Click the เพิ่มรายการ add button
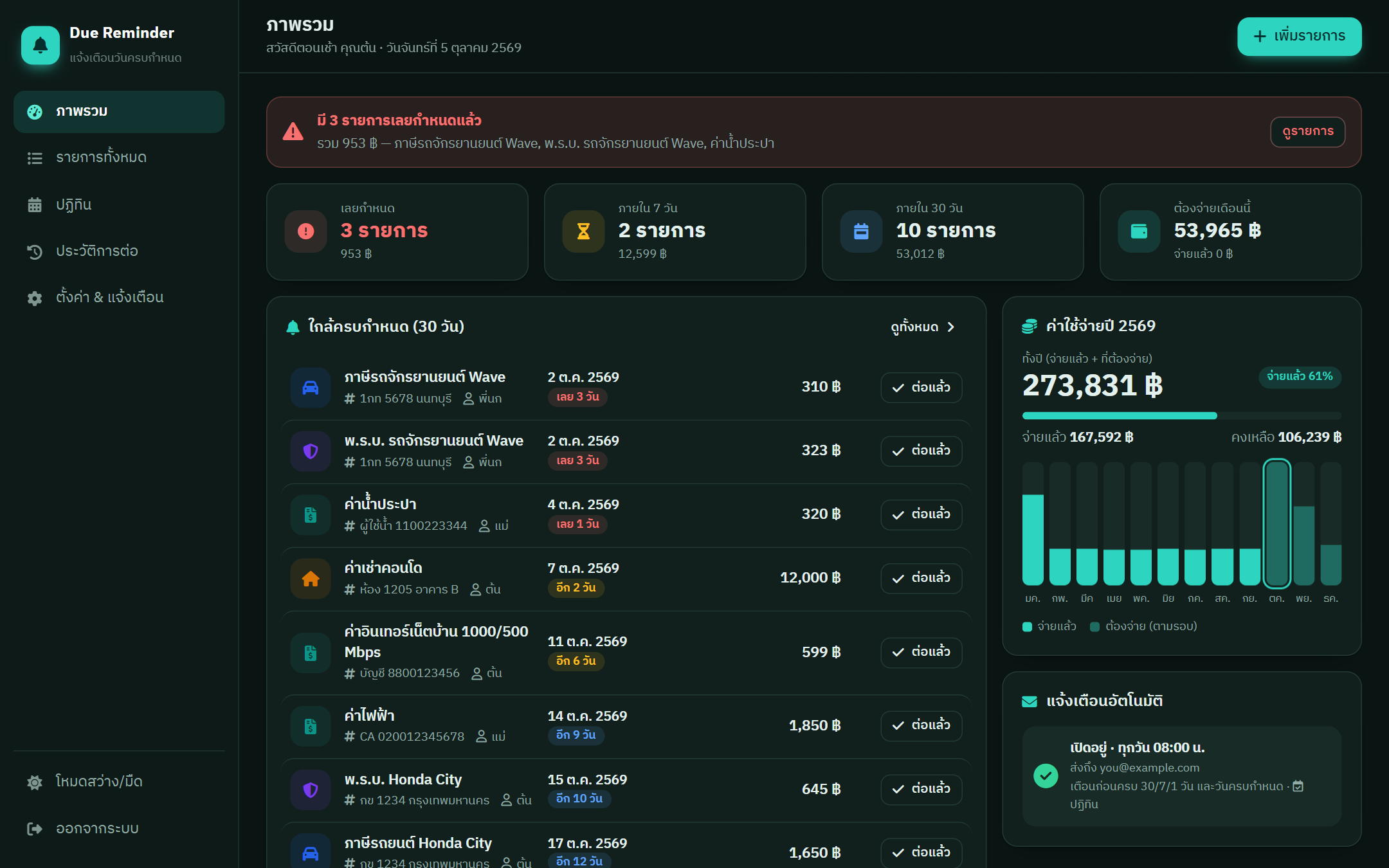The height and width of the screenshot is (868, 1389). point(1299,37)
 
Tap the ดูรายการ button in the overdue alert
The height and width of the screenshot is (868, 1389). point(1307,132)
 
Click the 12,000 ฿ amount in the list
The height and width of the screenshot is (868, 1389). point(810,577)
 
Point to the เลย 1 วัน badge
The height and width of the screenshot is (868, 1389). point(577,524)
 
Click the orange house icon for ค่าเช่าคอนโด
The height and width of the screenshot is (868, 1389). point(311,579)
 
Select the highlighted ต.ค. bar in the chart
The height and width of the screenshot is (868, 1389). point(1276,523)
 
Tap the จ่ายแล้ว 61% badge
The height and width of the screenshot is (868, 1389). point(1300,376)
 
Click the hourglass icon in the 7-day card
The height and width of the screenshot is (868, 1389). point(583,231)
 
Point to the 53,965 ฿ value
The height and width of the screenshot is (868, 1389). point(1217,230)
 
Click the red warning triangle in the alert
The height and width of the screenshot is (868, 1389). point(293,132)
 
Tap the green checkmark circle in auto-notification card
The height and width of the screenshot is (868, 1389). point(1046,775)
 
